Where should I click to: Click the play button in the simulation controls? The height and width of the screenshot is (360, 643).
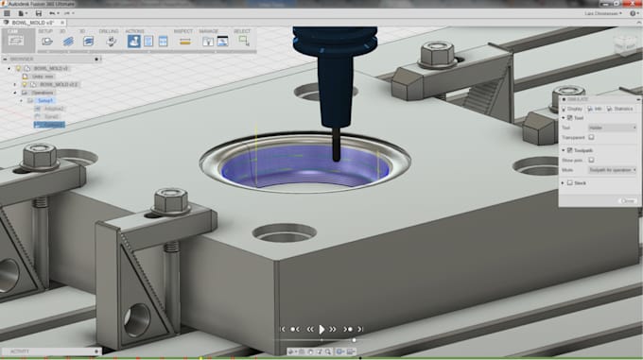tap(322, 329)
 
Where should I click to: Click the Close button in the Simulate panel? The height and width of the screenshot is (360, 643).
tap(627, 200)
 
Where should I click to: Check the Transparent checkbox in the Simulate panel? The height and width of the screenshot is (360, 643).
tap(592, 137)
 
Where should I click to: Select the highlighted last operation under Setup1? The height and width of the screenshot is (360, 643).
tap(53, 124)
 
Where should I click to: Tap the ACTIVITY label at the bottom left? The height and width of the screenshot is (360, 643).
tap(20, 351)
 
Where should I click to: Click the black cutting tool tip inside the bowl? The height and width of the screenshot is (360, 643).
tap(333, 156)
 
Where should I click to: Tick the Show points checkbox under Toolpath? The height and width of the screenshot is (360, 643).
tap(592, 161)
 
